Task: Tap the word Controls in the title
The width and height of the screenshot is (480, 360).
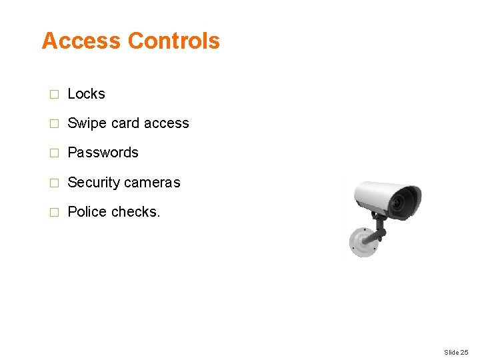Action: (x=173, y=41)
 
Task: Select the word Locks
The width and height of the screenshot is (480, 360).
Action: (x=87, y=94)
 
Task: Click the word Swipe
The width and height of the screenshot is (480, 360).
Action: (x=84, y=123)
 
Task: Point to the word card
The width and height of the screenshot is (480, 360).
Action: (x=126, y=123)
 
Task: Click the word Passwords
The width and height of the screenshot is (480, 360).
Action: (x=103, y=153)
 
